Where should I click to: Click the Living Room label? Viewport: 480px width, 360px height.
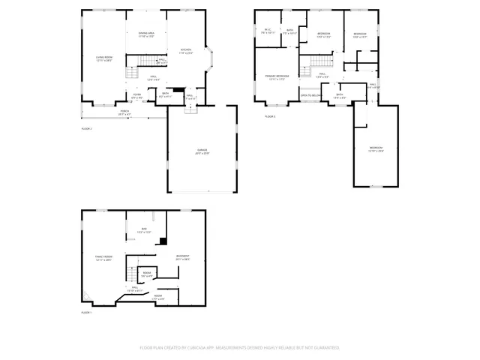click(103, 58)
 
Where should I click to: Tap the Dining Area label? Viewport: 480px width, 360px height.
click(146, 34)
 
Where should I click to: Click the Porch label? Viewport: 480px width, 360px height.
click(124, 112)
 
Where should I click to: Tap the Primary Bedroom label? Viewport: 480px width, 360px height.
click(277, 76)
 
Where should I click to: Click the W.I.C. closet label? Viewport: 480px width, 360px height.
click(268, 31)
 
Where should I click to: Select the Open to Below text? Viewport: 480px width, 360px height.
click(311, 96)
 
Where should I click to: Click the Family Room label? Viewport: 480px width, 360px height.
click(103, 258)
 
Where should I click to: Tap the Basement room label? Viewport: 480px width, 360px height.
click(183, 257)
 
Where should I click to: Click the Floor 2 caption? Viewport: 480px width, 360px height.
click(86, 129)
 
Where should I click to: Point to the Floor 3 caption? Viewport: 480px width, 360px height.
click(270, 116)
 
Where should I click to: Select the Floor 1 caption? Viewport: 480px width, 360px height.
click(86, 312)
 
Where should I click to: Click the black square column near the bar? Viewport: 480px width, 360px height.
click(163, 241)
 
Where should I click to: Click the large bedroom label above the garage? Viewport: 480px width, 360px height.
click(376, 149)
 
